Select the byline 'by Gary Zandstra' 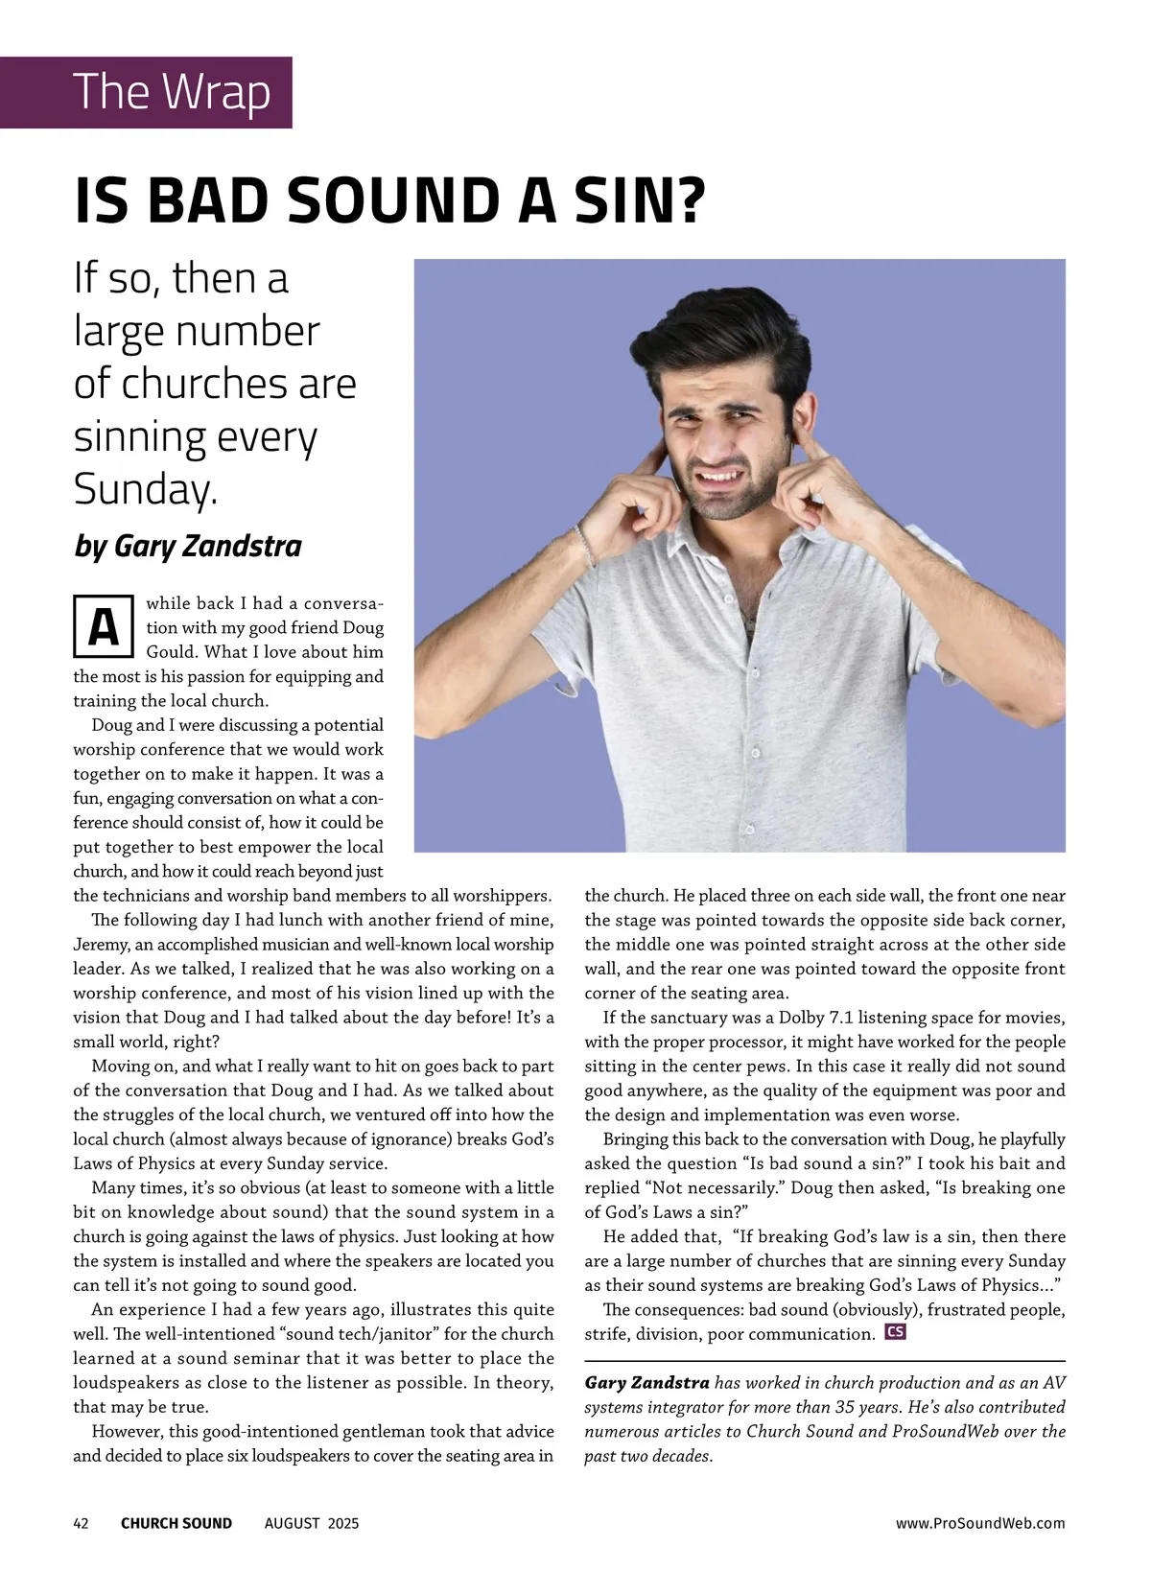tap(188, 546)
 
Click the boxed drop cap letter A tap(103, 628)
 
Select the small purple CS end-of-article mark tap(895, 1331)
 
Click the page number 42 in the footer tap(82, 1522)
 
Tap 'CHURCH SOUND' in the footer tap(176, 1522)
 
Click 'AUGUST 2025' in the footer tap(312, 1522)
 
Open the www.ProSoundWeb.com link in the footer tap(979, 1522)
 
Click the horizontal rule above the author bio tap(825, 1361)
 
